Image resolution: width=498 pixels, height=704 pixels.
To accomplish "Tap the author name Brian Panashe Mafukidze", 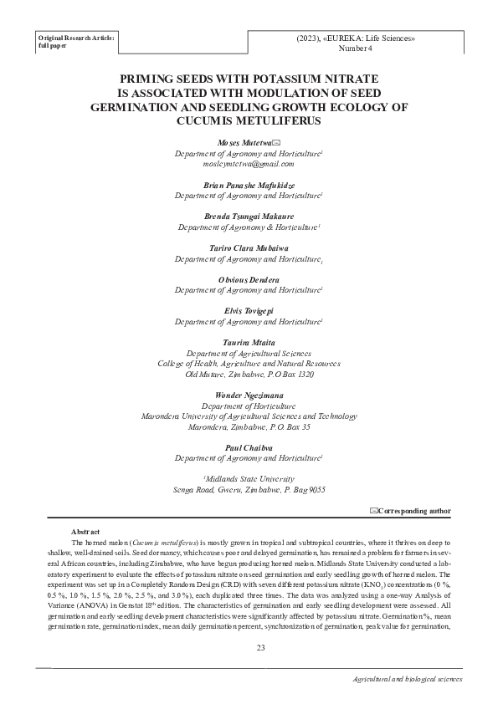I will click(x=249, y=185).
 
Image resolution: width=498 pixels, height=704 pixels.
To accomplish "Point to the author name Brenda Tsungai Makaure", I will click(x=249, y=217).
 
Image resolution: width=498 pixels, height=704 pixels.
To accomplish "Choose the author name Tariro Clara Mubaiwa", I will click(x=249, y=248).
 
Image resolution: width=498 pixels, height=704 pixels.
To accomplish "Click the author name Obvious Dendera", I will click(x=249, y=279).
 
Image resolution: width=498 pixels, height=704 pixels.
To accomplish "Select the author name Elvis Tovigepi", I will click(x=249, y=311).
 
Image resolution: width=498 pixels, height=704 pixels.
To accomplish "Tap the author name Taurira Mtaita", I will click(x=249, y=343).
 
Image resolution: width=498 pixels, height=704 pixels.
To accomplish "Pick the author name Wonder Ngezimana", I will click(x=249, y=395).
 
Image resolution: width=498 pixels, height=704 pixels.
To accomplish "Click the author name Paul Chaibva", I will click(x=249, y=447).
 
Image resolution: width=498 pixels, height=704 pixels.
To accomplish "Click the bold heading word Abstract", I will click(x=85, y=532).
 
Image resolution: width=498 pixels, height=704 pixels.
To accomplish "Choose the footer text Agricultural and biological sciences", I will click(x=408, y=680).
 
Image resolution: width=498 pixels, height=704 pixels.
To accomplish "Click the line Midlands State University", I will click(x=249, y=479).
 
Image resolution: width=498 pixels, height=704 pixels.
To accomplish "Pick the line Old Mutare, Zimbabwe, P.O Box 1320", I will click(x=249, y=375).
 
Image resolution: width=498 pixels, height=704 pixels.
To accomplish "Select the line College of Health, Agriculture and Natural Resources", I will click(x=249, y=364).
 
